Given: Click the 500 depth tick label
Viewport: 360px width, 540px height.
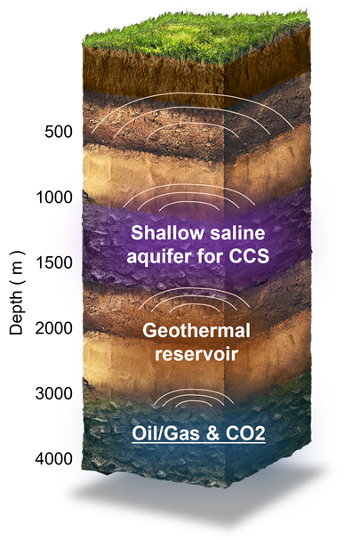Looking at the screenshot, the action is pos(59,132).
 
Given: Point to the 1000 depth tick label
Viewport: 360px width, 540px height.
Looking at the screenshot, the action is pos(54,197).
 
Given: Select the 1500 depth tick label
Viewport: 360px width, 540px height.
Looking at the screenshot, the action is pos(54,262).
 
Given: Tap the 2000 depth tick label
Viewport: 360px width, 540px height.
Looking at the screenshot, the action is pos(54,328).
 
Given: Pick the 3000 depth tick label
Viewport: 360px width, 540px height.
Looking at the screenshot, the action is pos(54,393).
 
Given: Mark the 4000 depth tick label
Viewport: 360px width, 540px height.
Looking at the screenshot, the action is pos(54,459).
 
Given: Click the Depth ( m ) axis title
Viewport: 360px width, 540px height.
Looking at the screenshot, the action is pos(16,293).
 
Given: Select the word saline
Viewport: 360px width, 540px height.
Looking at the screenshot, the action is pos(238,233).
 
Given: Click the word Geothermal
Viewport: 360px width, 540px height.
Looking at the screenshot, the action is pos(196,331).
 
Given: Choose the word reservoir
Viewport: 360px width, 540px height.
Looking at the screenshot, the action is pos(196,354).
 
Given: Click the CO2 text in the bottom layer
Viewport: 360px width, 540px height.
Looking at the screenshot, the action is pos(245,434).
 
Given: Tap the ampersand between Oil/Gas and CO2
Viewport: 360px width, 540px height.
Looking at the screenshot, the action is pos(212,434).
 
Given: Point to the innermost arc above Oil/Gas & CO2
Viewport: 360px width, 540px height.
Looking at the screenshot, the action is pos(194,401).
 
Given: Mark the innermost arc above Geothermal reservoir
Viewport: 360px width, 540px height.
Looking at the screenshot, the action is pos(194,305).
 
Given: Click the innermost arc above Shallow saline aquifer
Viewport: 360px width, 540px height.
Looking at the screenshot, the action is pos(188,203).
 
